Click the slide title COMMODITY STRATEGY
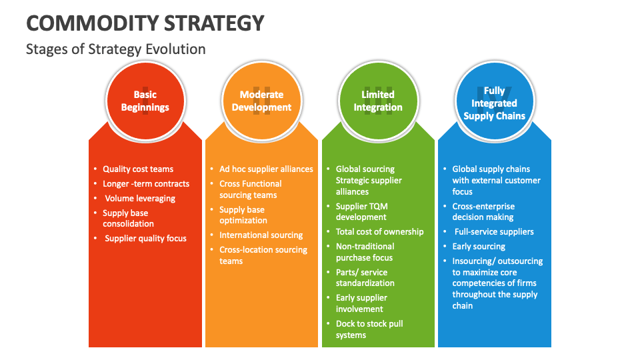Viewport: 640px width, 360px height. (x=145, y=23)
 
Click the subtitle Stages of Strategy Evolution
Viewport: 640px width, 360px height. (x=115, y=49)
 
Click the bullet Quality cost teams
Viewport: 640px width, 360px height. (x=138, y=169)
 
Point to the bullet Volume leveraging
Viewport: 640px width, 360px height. (x=140, y=199)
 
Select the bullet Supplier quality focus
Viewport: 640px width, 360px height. (x=145, y=239)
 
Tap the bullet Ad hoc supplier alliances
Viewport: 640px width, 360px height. (x=266, y=169)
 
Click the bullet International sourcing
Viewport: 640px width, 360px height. (x=261, y=235)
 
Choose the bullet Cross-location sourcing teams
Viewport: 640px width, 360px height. (x=263, y=255)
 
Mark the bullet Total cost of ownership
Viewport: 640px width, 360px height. (x=379, y=232)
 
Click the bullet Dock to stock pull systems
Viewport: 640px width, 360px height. (x=369, y=329)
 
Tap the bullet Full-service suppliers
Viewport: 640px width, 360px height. (x=494, y=232)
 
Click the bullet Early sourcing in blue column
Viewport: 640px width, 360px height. (x=479, y=247)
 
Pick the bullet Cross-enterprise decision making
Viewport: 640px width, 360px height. (x=483, y=212)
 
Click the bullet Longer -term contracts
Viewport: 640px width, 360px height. (x=146, y=184)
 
